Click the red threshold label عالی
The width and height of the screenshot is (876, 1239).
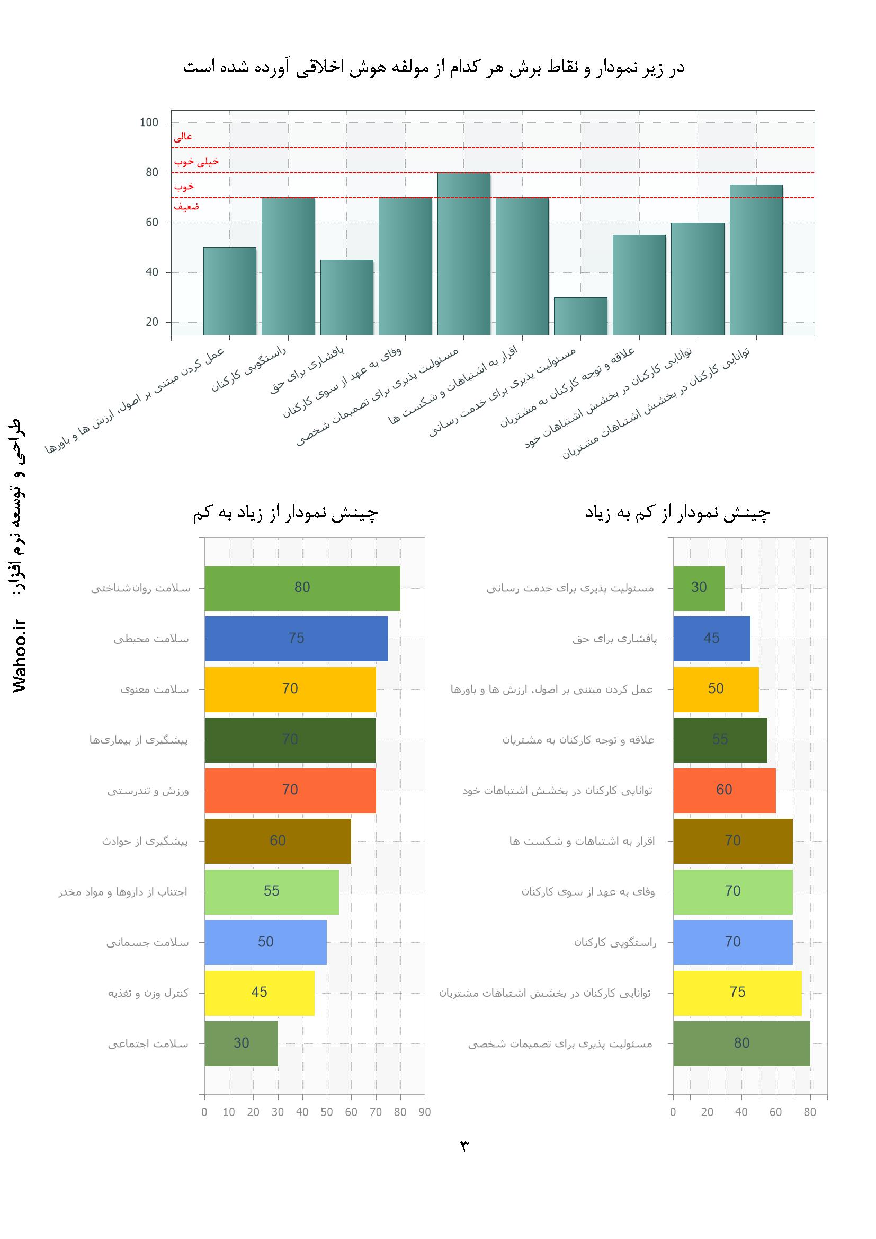point(183,137)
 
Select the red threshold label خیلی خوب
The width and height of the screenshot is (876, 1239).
point(196,161)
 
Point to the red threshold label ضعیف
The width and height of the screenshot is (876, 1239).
point(186,206)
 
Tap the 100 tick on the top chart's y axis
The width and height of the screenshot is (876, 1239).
point(149,122)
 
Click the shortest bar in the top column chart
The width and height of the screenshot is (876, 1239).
point(580,316)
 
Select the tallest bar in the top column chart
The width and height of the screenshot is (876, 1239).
point(463,254)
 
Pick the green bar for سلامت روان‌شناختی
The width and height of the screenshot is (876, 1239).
point(302,588)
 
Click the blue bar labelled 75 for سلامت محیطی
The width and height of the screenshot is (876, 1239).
point(296,639)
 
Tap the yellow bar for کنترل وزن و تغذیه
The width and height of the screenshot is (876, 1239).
point(259,993)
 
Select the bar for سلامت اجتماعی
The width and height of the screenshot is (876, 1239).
point(241,1043)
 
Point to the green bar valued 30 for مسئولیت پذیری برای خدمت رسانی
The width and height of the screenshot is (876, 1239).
point(699,588)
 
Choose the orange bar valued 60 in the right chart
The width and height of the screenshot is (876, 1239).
point(724,790)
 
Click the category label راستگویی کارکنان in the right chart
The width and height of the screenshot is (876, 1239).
point(615,943)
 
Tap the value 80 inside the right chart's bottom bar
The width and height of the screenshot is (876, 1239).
point(741,1043)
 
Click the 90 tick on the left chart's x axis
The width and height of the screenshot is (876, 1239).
point(425,1112)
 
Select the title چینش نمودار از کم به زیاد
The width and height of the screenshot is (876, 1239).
point(677,513)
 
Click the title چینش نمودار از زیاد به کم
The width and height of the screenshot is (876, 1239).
point(285,513)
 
